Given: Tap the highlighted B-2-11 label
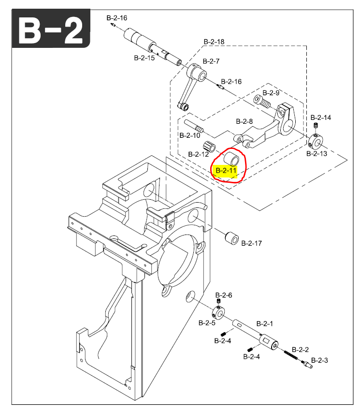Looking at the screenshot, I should (226, 171).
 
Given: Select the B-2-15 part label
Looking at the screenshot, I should (144, 58).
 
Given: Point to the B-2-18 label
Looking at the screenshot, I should (214, 42).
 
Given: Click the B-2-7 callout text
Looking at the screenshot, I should (211, 61).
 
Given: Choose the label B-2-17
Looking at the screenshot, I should (251, 243).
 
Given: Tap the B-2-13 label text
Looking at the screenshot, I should (317, 154).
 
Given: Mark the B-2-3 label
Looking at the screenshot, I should (319, 360).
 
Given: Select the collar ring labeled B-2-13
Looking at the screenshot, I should (316, 142).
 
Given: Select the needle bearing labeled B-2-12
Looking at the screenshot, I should (209, 146).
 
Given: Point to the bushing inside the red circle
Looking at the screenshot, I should (232, 158).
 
